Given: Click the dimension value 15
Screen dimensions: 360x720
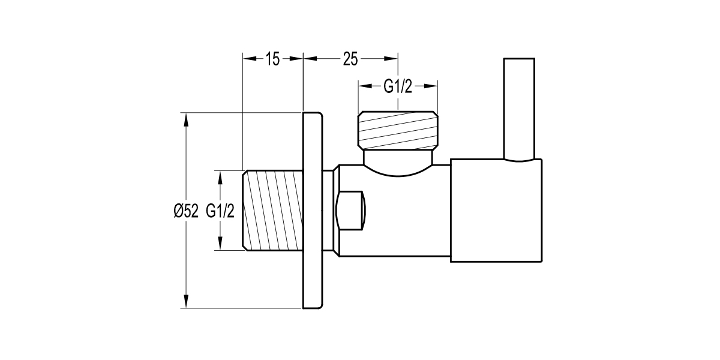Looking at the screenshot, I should [272, 59].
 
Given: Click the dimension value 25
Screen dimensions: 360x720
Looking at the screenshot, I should [350, 59].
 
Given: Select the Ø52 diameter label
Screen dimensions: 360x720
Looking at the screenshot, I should [185, 211].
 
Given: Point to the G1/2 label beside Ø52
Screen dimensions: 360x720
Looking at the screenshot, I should [220, 211].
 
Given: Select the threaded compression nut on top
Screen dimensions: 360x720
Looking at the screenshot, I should [398, 131].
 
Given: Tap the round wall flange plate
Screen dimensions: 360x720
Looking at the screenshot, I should [313, 210].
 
